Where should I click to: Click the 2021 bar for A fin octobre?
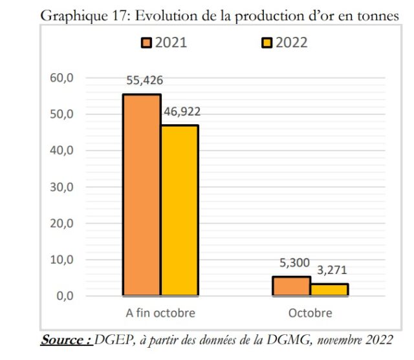(142, 195)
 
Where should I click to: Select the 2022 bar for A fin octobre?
(179, 210)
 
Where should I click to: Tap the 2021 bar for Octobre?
(291, 286)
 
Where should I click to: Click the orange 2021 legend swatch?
(147, 43)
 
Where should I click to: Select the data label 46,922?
(182, 112)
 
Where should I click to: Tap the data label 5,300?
(292, 264)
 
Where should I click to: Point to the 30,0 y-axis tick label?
(63, 187)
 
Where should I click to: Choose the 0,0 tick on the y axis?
(65, 296)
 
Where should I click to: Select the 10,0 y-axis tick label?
(63, 260)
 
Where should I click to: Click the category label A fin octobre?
(160, 313)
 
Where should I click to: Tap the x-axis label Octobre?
(310, 313)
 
